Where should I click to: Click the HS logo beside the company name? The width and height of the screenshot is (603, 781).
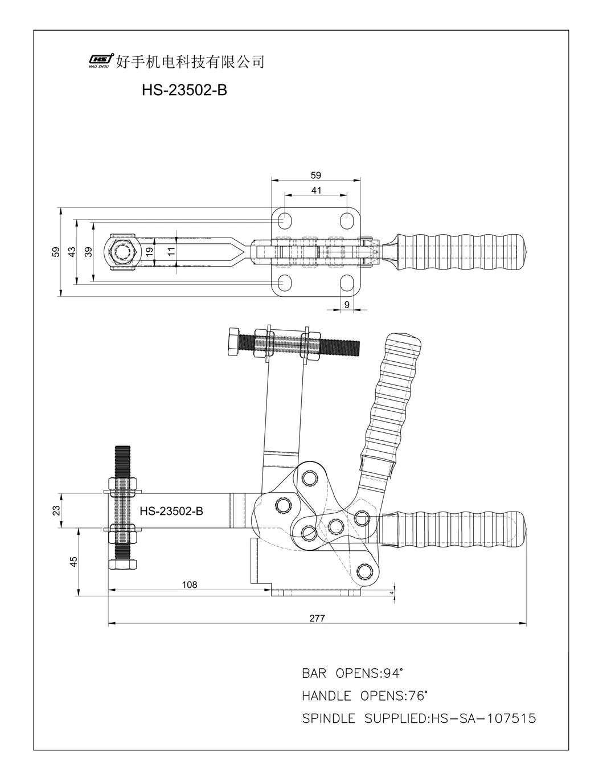(101, 60)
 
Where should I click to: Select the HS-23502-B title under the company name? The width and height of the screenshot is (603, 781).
(183, 90)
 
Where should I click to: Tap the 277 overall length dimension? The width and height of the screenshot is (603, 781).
(317, 618)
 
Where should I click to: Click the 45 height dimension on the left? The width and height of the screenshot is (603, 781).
(73, 562)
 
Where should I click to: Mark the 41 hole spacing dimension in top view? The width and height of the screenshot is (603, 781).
(316, 190)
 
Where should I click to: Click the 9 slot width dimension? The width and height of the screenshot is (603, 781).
(347, 305)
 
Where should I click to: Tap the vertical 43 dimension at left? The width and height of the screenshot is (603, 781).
(72, 251)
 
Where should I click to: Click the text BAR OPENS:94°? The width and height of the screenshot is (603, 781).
(352, 673)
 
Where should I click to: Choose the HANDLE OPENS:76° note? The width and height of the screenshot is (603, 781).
(364, 696)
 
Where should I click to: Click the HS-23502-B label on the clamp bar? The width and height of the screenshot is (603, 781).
(171, 511)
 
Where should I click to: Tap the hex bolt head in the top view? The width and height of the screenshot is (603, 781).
(122, 251)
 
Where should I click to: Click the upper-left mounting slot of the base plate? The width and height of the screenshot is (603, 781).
(285, 220)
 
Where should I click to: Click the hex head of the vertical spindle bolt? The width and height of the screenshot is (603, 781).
(122, 564)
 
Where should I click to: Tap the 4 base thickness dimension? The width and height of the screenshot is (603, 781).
(392, 594)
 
